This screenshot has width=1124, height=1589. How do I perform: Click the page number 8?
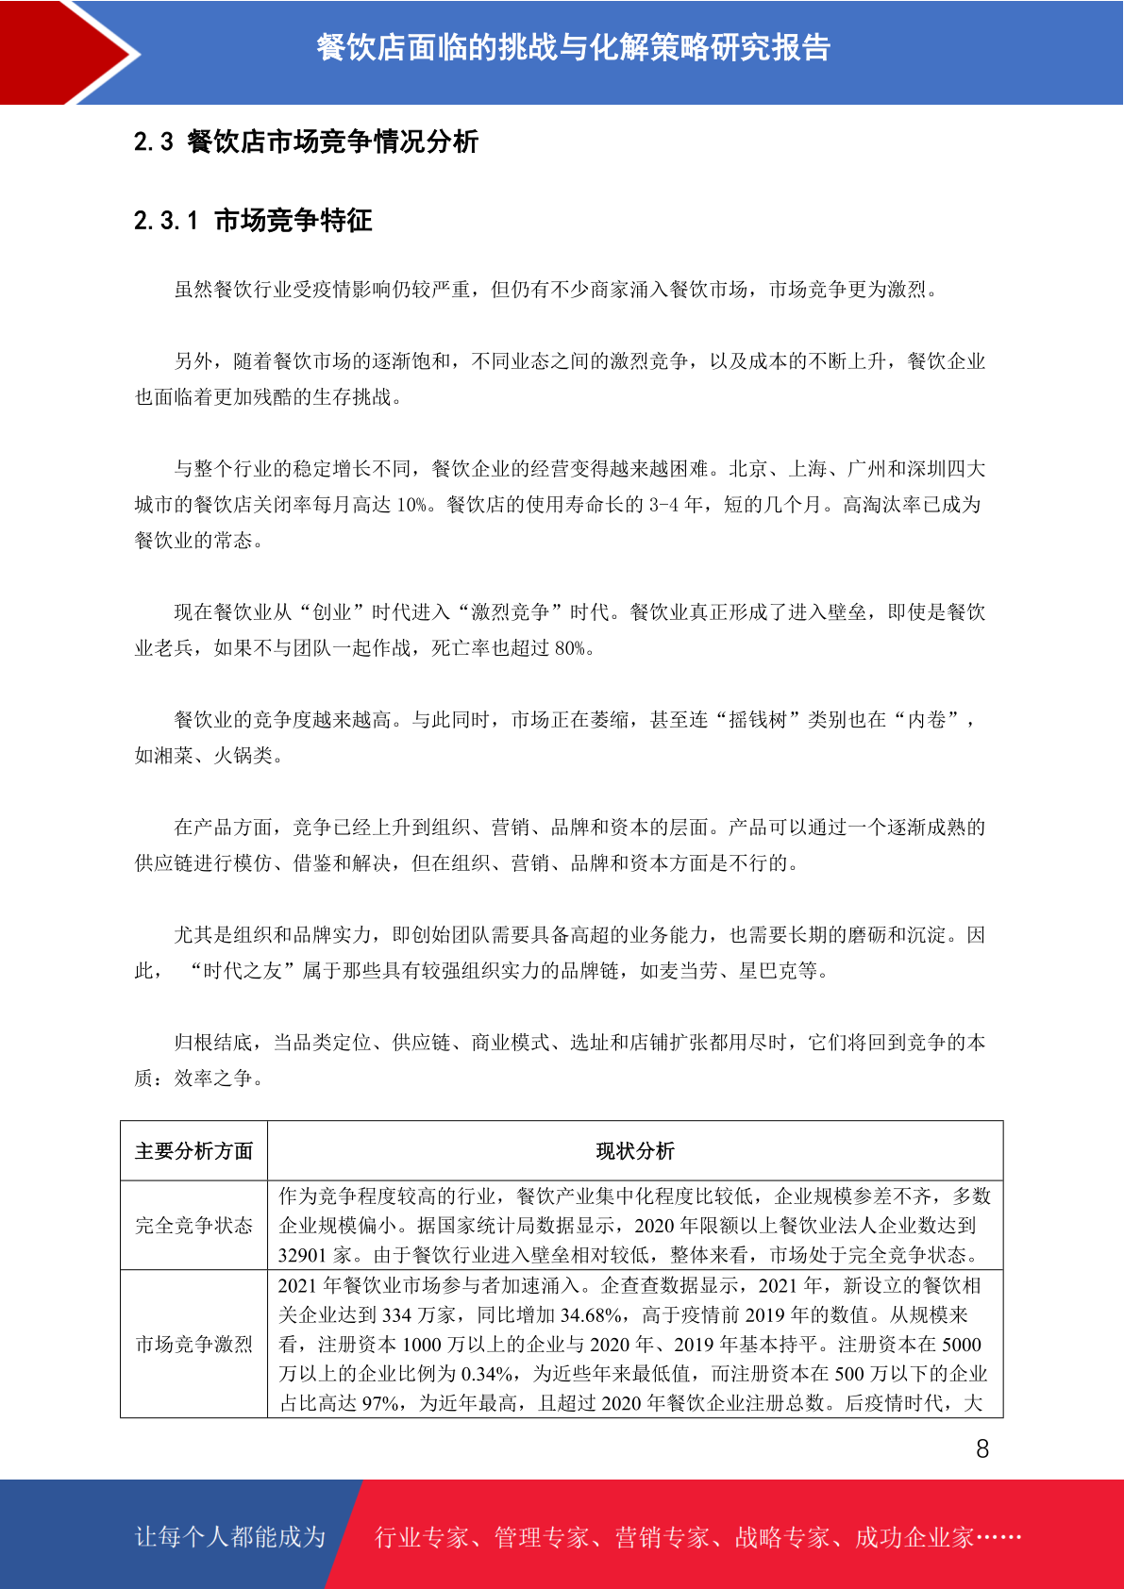(x=982, y=1448)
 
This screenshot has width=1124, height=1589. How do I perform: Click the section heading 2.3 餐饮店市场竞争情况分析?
(x=306, y=142)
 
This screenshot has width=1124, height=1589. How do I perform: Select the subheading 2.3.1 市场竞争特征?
(x=253, y=221)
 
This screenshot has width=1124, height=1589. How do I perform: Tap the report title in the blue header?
(x=573, y=47)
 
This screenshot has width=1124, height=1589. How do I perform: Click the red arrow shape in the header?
(x=66, y=52)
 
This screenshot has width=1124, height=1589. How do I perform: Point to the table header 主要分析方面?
(x=193, y=1151)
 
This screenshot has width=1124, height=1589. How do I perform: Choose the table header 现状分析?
(x=635, y=1151)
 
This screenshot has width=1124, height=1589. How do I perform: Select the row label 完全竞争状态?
(x=193, y=1226)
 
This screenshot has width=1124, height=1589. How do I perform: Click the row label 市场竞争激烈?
(x=193, y=1345)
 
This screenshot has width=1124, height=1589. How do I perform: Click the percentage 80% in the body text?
(x=570, y=648)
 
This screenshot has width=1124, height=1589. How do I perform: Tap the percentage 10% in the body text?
(x=412, y=505)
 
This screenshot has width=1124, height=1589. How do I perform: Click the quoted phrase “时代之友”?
(x=243, y=971)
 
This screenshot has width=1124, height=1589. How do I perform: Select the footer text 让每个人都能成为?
(x=230, y=1537)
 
